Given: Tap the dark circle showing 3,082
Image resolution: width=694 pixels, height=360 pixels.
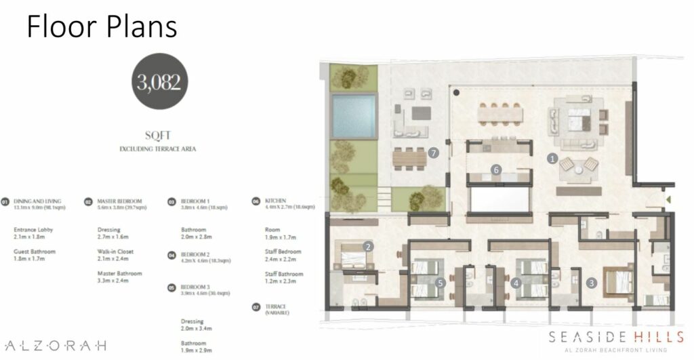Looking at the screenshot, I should click(158, 83).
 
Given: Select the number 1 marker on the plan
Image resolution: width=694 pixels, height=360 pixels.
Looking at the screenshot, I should click(552, 159).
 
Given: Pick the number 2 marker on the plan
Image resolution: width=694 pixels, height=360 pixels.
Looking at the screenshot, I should click(369, 247).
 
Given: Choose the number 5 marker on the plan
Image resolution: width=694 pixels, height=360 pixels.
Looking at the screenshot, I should click(441, 283).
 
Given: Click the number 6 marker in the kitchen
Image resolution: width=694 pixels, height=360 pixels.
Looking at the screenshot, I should click(497, 170).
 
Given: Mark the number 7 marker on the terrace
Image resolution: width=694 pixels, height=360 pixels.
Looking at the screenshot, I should click(433, 153).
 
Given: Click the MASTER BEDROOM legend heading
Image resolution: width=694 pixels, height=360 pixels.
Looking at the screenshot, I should click(119, 201).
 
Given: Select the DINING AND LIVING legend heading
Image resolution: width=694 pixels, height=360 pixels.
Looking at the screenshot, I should click(37, 201).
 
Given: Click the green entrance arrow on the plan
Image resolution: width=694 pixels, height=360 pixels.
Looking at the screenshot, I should click(668, 199).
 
